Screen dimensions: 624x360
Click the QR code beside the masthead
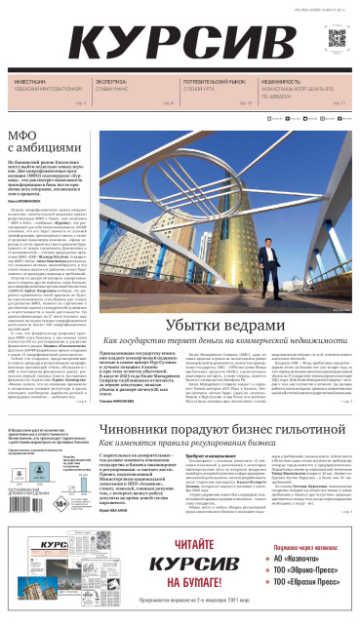pos(337,39)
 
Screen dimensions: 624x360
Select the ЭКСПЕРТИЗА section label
pos(110,83)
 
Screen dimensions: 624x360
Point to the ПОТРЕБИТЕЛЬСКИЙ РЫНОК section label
pos(196,83)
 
